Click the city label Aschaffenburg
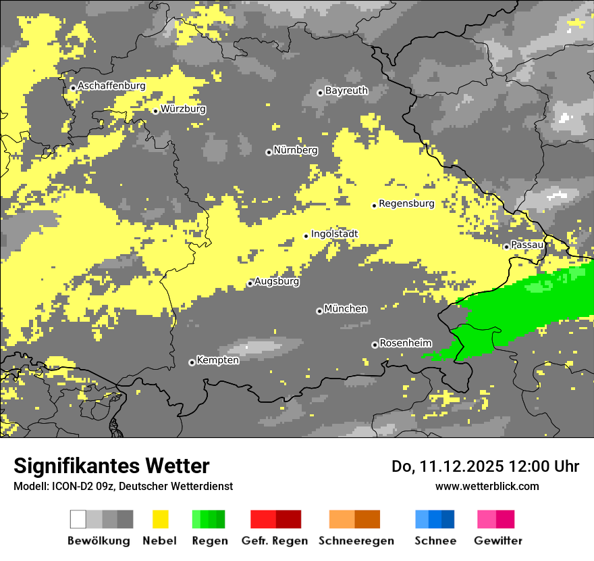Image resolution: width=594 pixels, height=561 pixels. point(111,86)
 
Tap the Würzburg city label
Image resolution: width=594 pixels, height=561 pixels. point(183,109)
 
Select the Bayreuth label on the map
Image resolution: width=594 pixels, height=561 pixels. point(346,91)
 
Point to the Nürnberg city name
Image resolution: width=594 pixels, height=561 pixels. point(295,150)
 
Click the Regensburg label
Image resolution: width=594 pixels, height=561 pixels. point(406,203)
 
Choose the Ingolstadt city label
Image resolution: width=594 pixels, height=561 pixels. point(334,234)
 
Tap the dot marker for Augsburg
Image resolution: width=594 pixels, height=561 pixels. point(250,283)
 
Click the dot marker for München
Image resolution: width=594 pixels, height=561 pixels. point(319,311)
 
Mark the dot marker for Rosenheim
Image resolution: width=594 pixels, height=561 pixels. point(375,345)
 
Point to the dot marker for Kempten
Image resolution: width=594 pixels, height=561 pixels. point(192,362)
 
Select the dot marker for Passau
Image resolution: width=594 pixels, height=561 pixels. point(506,247)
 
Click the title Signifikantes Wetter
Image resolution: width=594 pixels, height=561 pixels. point(111,466)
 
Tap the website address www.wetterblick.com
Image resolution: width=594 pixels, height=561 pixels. point(487,486)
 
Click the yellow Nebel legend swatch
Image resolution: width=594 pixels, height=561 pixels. point(161,519)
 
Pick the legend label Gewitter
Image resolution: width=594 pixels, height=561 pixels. point(497,541)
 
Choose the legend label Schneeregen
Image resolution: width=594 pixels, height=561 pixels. point(356,541)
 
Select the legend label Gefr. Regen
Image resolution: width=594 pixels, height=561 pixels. point(275,541)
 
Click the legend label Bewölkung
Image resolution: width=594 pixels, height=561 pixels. point(99,541)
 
